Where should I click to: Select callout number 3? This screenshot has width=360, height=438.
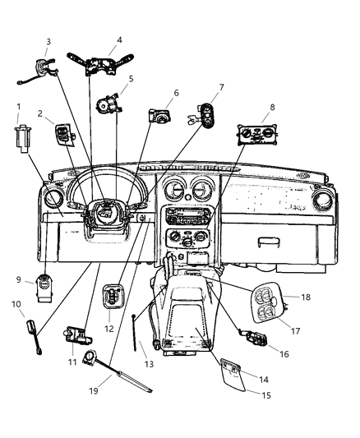[48, 42]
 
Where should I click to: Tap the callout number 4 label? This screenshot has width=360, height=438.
[120, 39]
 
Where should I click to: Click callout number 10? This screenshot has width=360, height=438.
[15, 305]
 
